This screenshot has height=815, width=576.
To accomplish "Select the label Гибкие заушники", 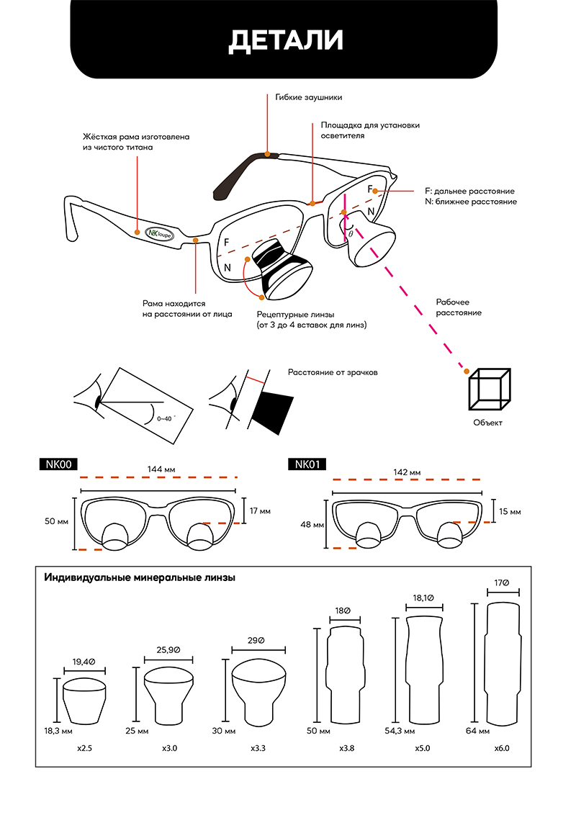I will coord(308,96).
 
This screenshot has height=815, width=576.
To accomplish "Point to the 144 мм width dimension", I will coord(161,469).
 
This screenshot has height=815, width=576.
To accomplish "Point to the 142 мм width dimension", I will coord(407,472).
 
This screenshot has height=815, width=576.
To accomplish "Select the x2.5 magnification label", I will coord(84,749).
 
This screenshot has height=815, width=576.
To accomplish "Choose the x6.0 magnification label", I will coord(502,749).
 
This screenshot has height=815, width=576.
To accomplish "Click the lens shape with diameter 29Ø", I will coord(259,692).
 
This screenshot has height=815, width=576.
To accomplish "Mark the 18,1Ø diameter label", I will coord(423,598).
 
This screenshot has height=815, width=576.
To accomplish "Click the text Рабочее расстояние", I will coord(459,307).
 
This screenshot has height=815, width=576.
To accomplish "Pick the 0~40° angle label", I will coord(166,418).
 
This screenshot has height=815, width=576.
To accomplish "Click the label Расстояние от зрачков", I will coord(333,372).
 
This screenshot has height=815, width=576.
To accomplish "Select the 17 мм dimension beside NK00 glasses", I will coord(260,511).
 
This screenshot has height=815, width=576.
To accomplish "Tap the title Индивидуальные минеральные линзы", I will coord(140,577).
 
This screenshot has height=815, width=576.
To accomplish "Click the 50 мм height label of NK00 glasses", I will coord(56,521).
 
